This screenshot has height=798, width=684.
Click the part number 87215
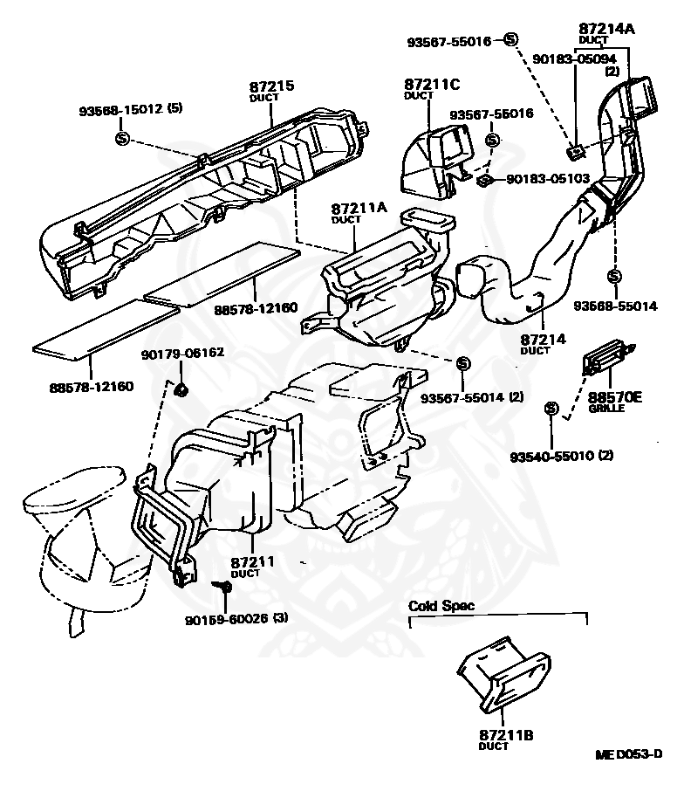[x=271, y=86]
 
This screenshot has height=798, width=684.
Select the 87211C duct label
[x=431, y=86]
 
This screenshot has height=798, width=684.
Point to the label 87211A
[x=359, y=209]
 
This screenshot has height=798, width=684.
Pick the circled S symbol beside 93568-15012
[x=122, y=138]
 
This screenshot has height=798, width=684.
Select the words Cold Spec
[x=442, y=605]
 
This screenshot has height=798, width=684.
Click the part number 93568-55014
[x=614, y=306]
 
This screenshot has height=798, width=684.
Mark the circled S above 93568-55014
[x=614, y=276]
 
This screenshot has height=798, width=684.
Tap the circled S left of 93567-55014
[x=462, y=363]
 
